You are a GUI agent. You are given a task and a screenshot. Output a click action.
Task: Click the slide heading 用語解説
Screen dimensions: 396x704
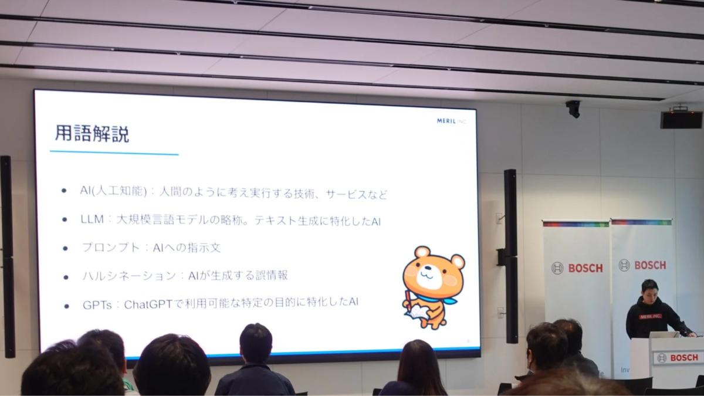coord(92,134)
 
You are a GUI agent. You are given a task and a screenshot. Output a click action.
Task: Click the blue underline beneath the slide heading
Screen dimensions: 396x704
coord(114,153)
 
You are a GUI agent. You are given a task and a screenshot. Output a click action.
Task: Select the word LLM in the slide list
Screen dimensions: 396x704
coord(93,219)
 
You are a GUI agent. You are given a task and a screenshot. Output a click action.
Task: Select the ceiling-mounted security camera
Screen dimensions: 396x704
coord(573,108)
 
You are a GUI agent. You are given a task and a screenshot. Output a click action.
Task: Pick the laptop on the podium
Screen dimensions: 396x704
coord(664,334)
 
